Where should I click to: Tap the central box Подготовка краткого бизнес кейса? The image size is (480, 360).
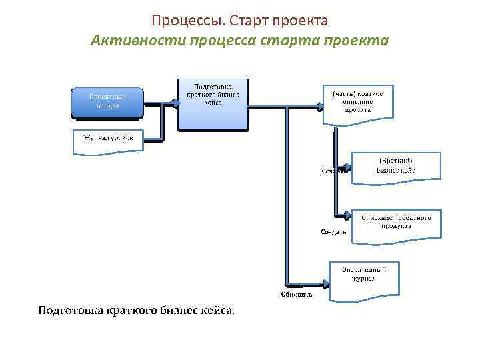(x=213, y=104)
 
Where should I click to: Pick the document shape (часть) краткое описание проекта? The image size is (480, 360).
(x=358, y=103)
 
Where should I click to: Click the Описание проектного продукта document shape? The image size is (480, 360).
(x=396, y=223)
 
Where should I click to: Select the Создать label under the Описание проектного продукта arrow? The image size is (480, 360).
(x=334, y=232)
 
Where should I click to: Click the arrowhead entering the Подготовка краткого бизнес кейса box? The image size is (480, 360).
(x=175, y=103)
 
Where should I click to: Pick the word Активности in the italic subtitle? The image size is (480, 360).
(x=137, y=41)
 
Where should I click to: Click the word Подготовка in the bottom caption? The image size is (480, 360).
(x=69, y=311)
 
